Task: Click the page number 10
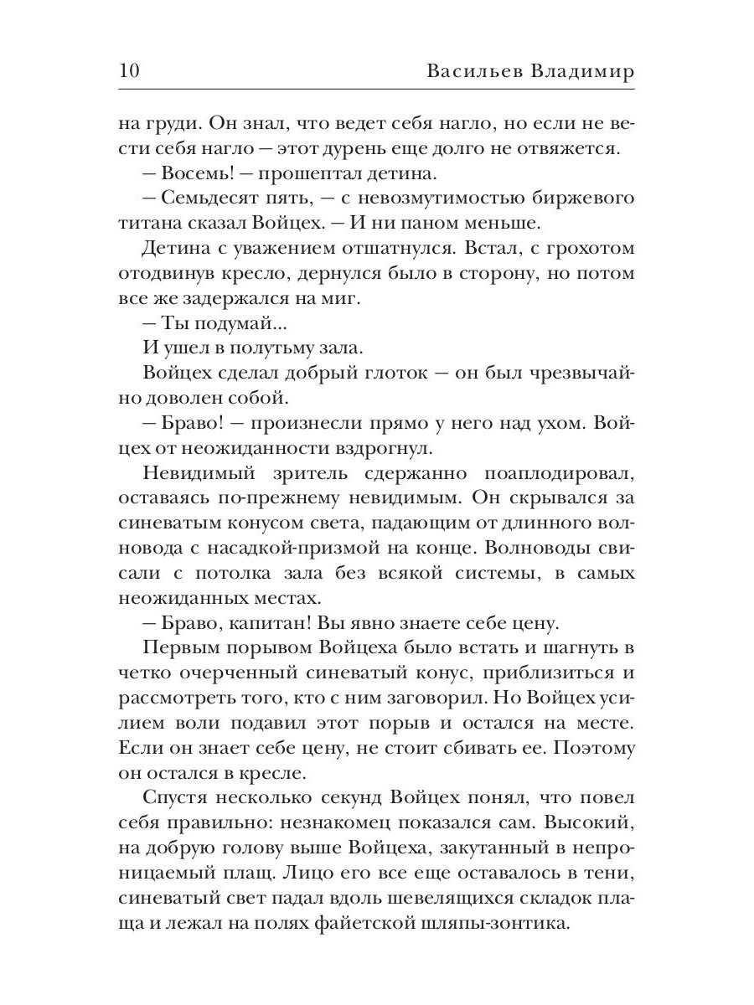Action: click(129, 70)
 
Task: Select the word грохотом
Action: click(583, 249)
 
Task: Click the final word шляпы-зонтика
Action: click(545, 922)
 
